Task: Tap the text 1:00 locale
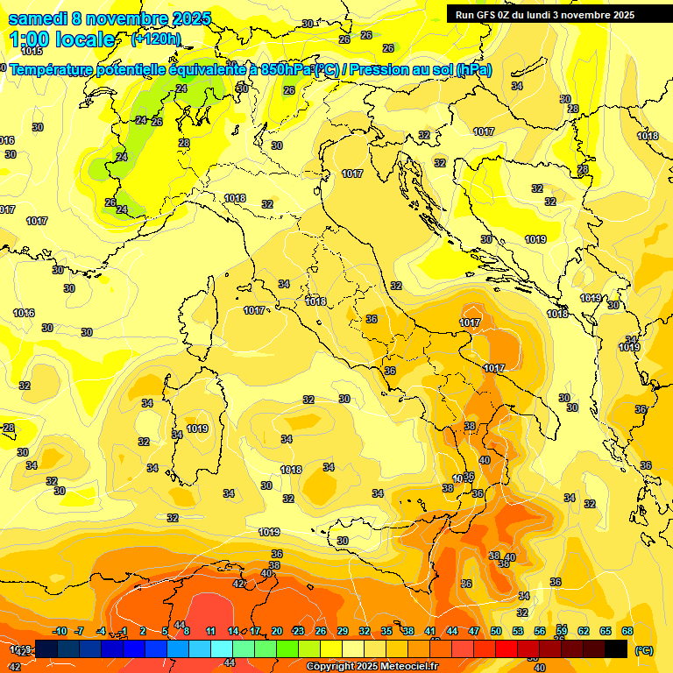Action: (x=61, y=39)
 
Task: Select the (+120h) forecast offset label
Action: (x=156, y=39)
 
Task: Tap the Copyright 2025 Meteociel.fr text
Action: (x=372, y=666)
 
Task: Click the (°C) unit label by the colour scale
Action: (x=643, y=650)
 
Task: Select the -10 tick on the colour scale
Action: (x=60, y=631)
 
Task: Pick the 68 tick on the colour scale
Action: (x=627, y=631)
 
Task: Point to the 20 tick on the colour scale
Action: (x=277, y=631)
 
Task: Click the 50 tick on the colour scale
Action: (x=496, y=631)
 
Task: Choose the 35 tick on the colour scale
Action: (x=386, y=631)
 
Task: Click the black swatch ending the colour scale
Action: (x=617, y=648)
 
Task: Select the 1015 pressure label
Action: (x=31, y=52)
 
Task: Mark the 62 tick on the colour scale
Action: (x=584, y=631)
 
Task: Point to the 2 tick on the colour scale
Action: (x=143, y=631)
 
